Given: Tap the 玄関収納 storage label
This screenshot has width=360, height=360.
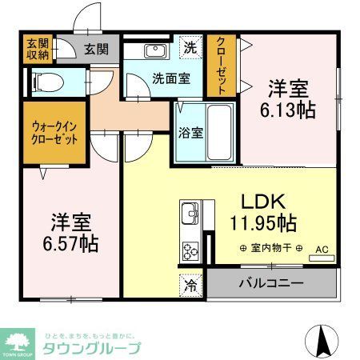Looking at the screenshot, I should [x=37, y=50].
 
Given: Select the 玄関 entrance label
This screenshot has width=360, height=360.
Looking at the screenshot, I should [x=96, y=50].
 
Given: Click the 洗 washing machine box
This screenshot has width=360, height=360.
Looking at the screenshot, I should [x=190, y=48].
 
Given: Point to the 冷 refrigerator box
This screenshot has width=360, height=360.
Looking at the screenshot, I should [x=191, y=282].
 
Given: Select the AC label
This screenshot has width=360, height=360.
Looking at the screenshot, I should [x=321, y=248].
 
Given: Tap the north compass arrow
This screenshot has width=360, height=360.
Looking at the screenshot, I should [x=324, y=342].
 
